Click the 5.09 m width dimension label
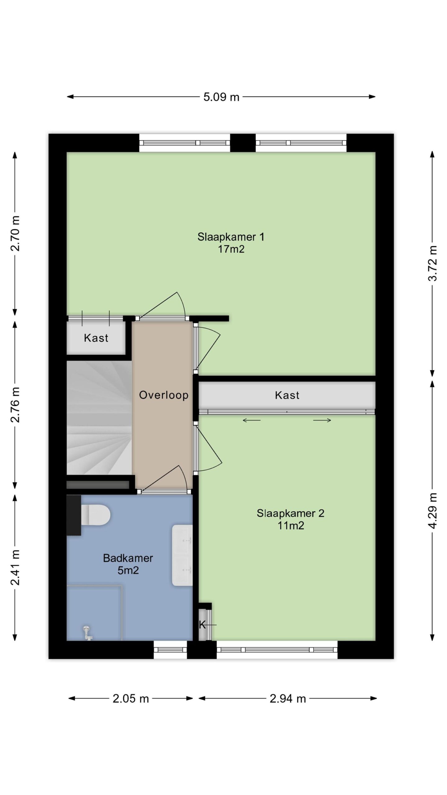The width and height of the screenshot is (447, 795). pos(221,97)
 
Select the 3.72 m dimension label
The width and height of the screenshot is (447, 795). pos(432,263)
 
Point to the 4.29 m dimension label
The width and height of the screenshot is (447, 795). pos(432,510)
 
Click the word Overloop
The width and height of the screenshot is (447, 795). pos(164,395)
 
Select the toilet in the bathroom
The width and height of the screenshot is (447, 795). pos(96,515)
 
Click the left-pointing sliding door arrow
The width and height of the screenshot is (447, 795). pos(251,420)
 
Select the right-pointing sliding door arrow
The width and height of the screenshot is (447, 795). pos(322,420)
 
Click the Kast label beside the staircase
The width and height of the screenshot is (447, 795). pos(96,338)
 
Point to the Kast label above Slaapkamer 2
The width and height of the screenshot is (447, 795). pos(287,395)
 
